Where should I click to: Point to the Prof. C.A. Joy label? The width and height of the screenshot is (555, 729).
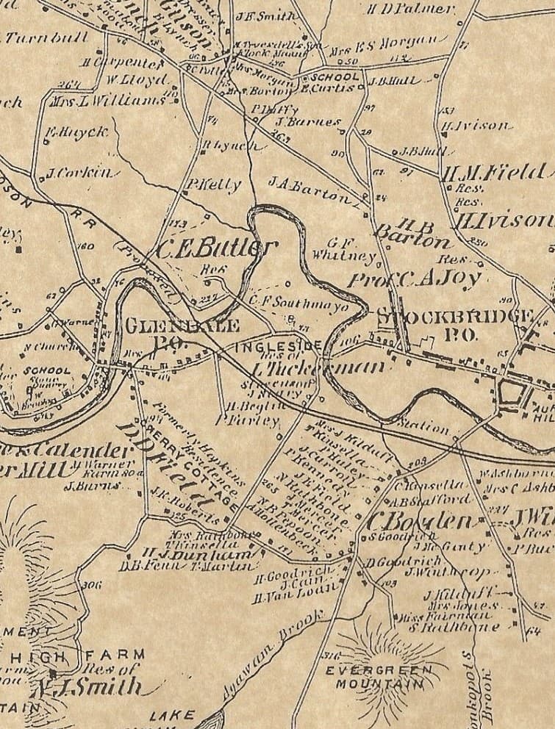[x=415, y=279]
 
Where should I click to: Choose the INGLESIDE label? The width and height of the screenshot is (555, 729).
[x=278, y=345]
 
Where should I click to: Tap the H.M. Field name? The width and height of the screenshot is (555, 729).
[x=493, y=173]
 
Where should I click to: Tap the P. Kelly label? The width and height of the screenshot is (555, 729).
[x=213, y=184]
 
